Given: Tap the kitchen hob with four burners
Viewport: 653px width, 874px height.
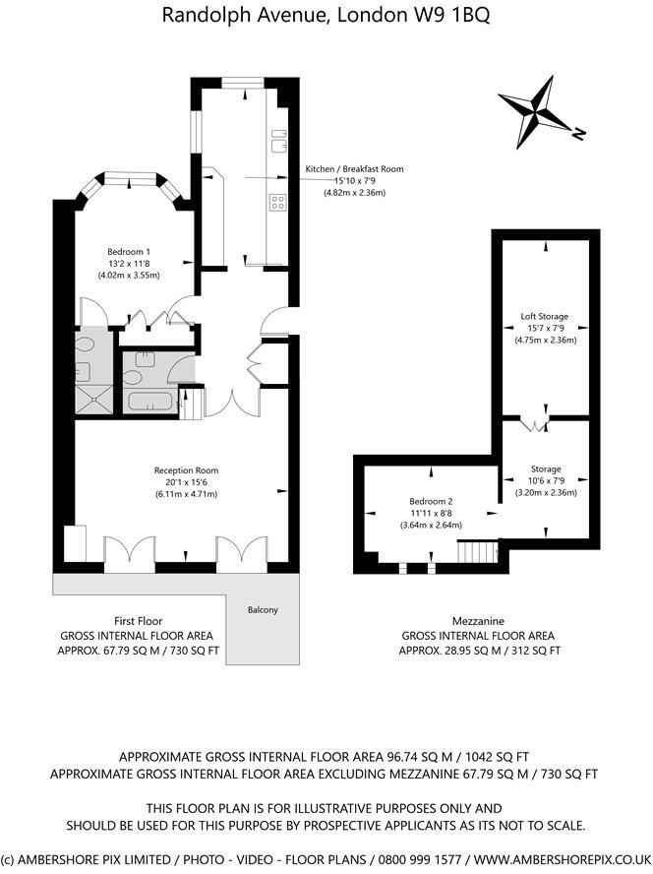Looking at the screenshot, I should [x=278, y=204].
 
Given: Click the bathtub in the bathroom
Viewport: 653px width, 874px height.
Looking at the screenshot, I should [x=148, y=401].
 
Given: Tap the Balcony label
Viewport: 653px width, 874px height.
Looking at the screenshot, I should [x=263, y=609].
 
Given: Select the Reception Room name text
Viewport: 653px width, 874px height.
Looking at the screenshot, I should [x=186, y=469].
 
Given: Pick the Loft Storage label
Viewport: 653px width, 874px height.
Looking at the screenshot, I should [x=545, y=316].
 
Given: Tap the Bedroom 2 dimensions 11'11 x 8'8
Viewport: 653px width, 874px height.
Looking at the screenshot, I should [x=433, y=513].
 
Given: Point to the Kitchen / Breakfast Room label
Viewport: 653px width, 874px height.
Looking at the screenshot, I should [x=354, y=169].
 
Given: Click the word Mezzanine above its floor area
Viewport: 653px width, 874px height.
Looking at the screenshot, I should [x=478, y=622].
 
